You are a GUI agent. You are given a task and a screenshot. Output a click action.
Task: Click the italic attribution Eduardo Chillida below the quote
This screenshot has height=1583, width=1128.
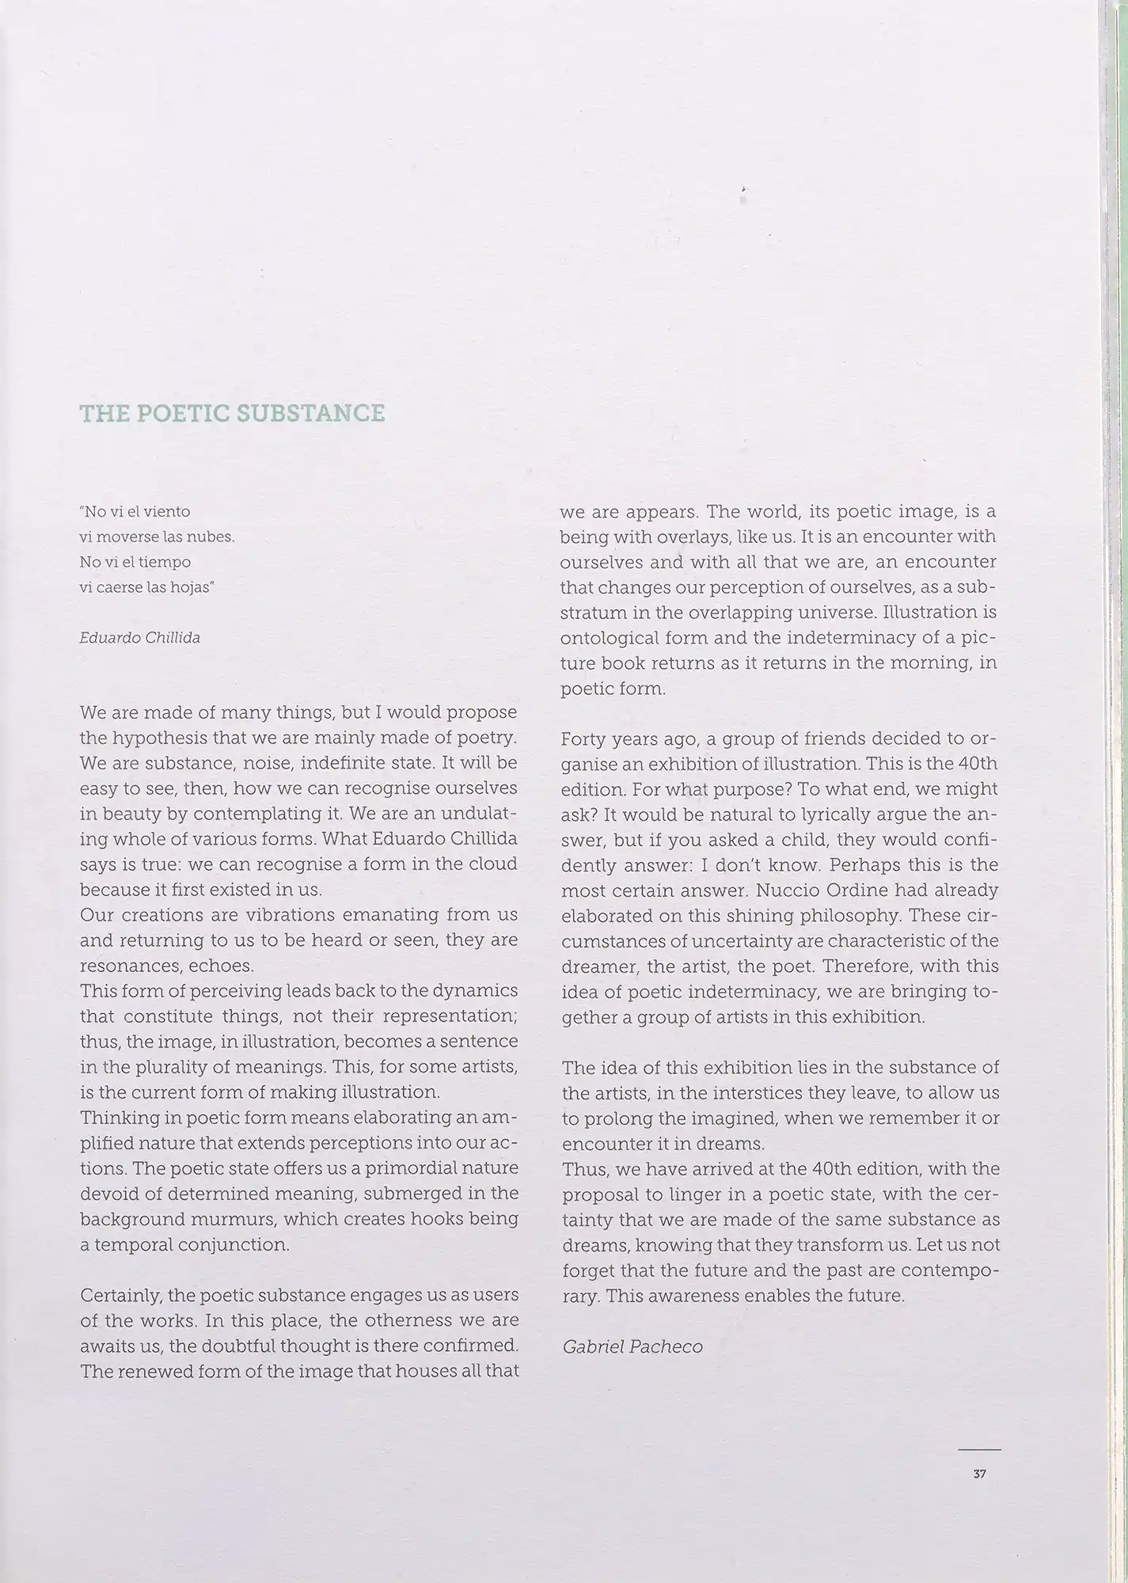140,637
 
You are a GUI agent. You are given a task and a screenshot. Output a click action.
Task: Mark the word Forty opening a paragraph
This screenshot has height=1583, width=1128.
584,738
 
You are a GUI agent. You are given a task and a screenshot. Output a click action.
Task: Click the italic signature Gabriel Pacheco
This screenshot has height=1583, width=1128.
632,1347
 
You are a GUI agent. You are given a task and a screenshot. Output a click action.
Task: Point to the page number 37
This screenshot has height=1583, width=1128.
979,1475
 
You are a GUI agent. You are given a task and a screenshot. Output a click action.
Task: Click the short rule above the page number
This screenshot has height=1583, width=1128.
979,1449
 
